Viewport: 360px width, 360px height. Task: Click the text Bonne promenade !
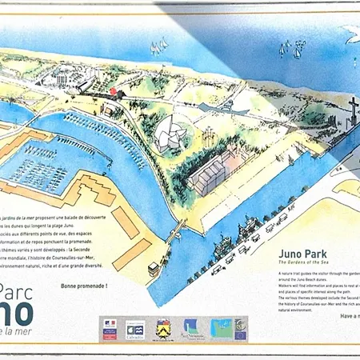point(84,286)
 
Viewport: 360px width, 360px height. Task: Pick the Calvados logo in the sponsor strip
point(136,328)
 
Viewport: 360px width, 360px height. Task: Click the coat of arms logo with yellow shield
point(163,328)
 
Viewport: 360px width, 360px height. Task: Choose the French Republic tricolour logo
point(110,328)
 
